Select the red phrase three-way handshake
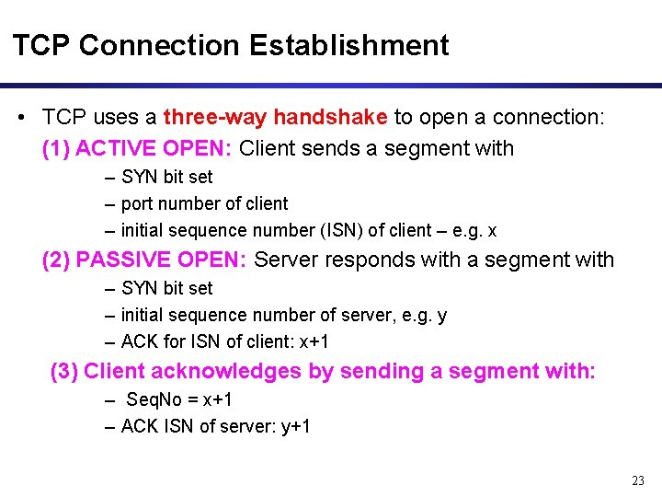pyautogui.click(x=275, y=117)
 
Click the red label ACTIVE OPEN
pyautogui.click(x=155, y=148)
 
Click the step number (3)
pyautogui.click(x=63, y=371)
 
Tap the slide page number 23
pyautogui.click(x=639, y=480)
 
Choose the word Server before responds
pyautogui.click(x=286, y=260)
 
